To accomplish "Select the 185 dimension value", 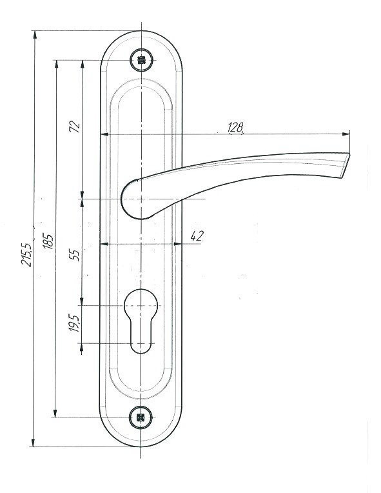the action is coord(48,241).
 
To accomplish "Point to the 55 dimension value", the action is coord(75,254).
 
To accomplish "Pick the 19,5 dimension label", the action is coord(75,323).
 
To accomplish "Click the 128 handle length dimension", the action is coord(236,127).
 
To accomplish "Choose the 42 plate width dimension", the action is coord(197,236).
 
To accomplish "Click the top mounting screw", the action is coord(142,60).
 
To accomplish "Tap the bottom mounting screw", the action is coord(141,418).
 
